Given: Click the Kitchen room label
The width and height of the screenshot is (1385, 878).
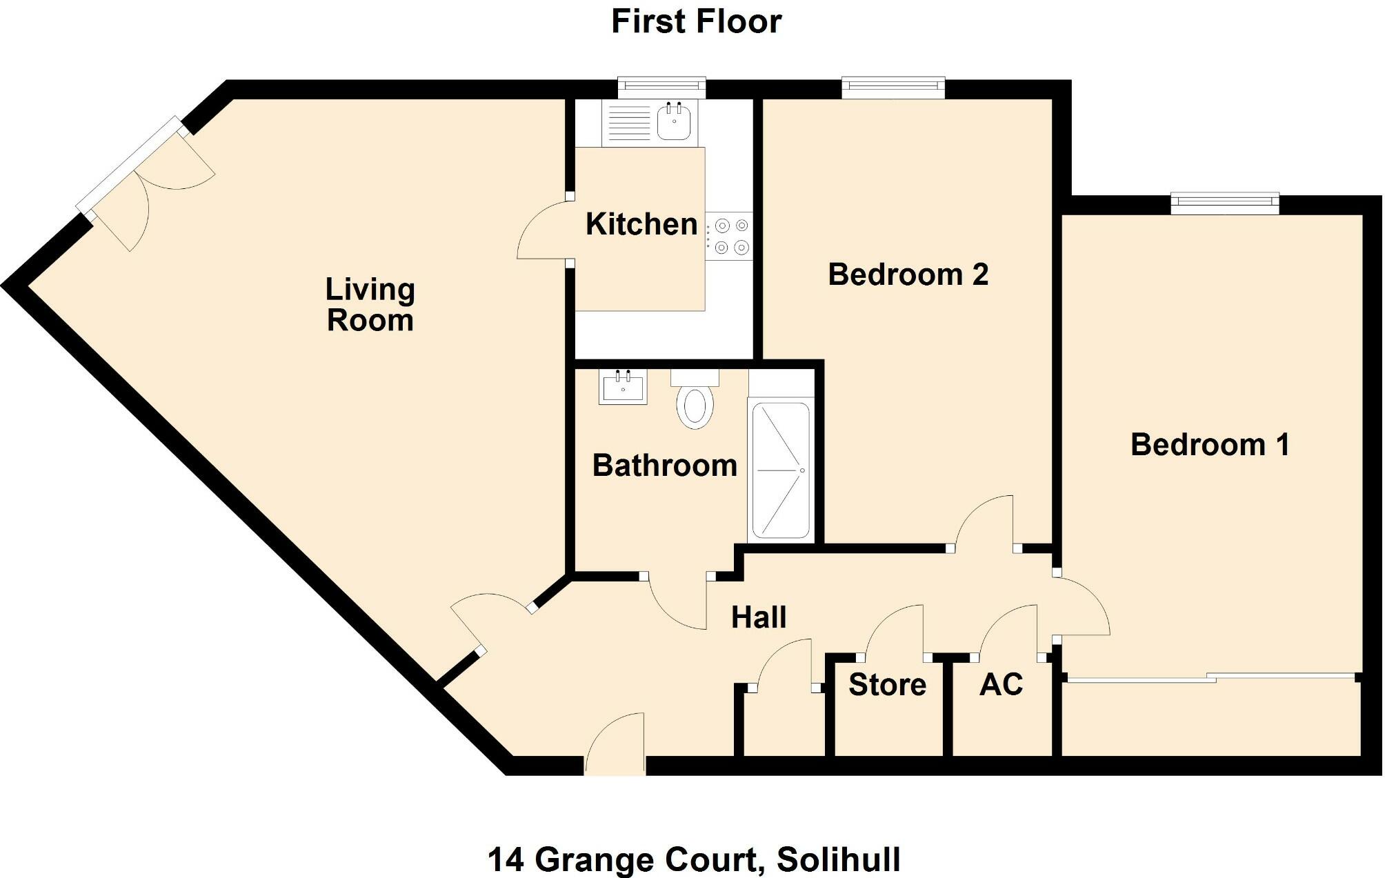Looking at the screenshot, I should (x=641, y=224).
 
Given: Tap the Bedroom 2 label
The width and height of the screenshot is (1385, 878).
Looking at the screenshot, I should (x=908, y=275).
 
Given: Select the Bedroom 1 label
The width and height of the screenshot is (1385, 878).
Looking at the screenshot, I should (x=1210, y=445).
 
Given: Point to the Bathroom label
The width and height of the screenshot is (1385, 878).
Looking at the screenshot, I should (x=665, y=466).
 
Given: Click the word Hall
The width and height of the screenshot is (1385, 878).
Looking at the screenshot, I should (x=759, y=617).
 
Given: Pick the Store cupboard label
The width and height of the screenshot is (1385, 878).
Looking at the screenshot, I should (x=887, y=685).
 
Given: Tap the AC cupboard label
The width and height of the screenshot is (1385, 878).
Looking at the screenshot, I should (x=1001, y=685).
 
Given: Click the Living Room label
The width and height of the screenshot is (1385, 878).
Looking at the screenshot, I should (x=370, y=305).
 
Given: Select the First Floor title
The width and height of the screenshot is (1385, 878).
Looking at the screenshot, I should (x=696, y=21).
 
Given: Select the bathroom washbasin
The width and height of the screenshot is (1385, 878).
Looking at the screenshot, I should (x=623, y=388).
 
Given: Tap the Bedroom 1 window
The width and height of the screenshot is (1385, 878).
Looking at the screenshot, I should (x=1225, y=201).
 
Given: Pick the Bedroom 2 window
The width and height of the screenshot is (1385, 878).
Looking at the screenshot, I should (x=893, y=86).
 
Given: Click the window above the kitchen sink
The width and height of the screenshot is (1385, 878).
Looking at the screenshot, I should (x=661, y=86).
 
